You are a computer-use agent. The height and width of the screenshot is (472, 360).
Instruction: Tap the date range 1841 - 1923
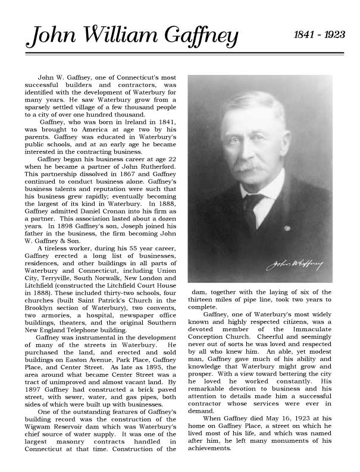(320, 34)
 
